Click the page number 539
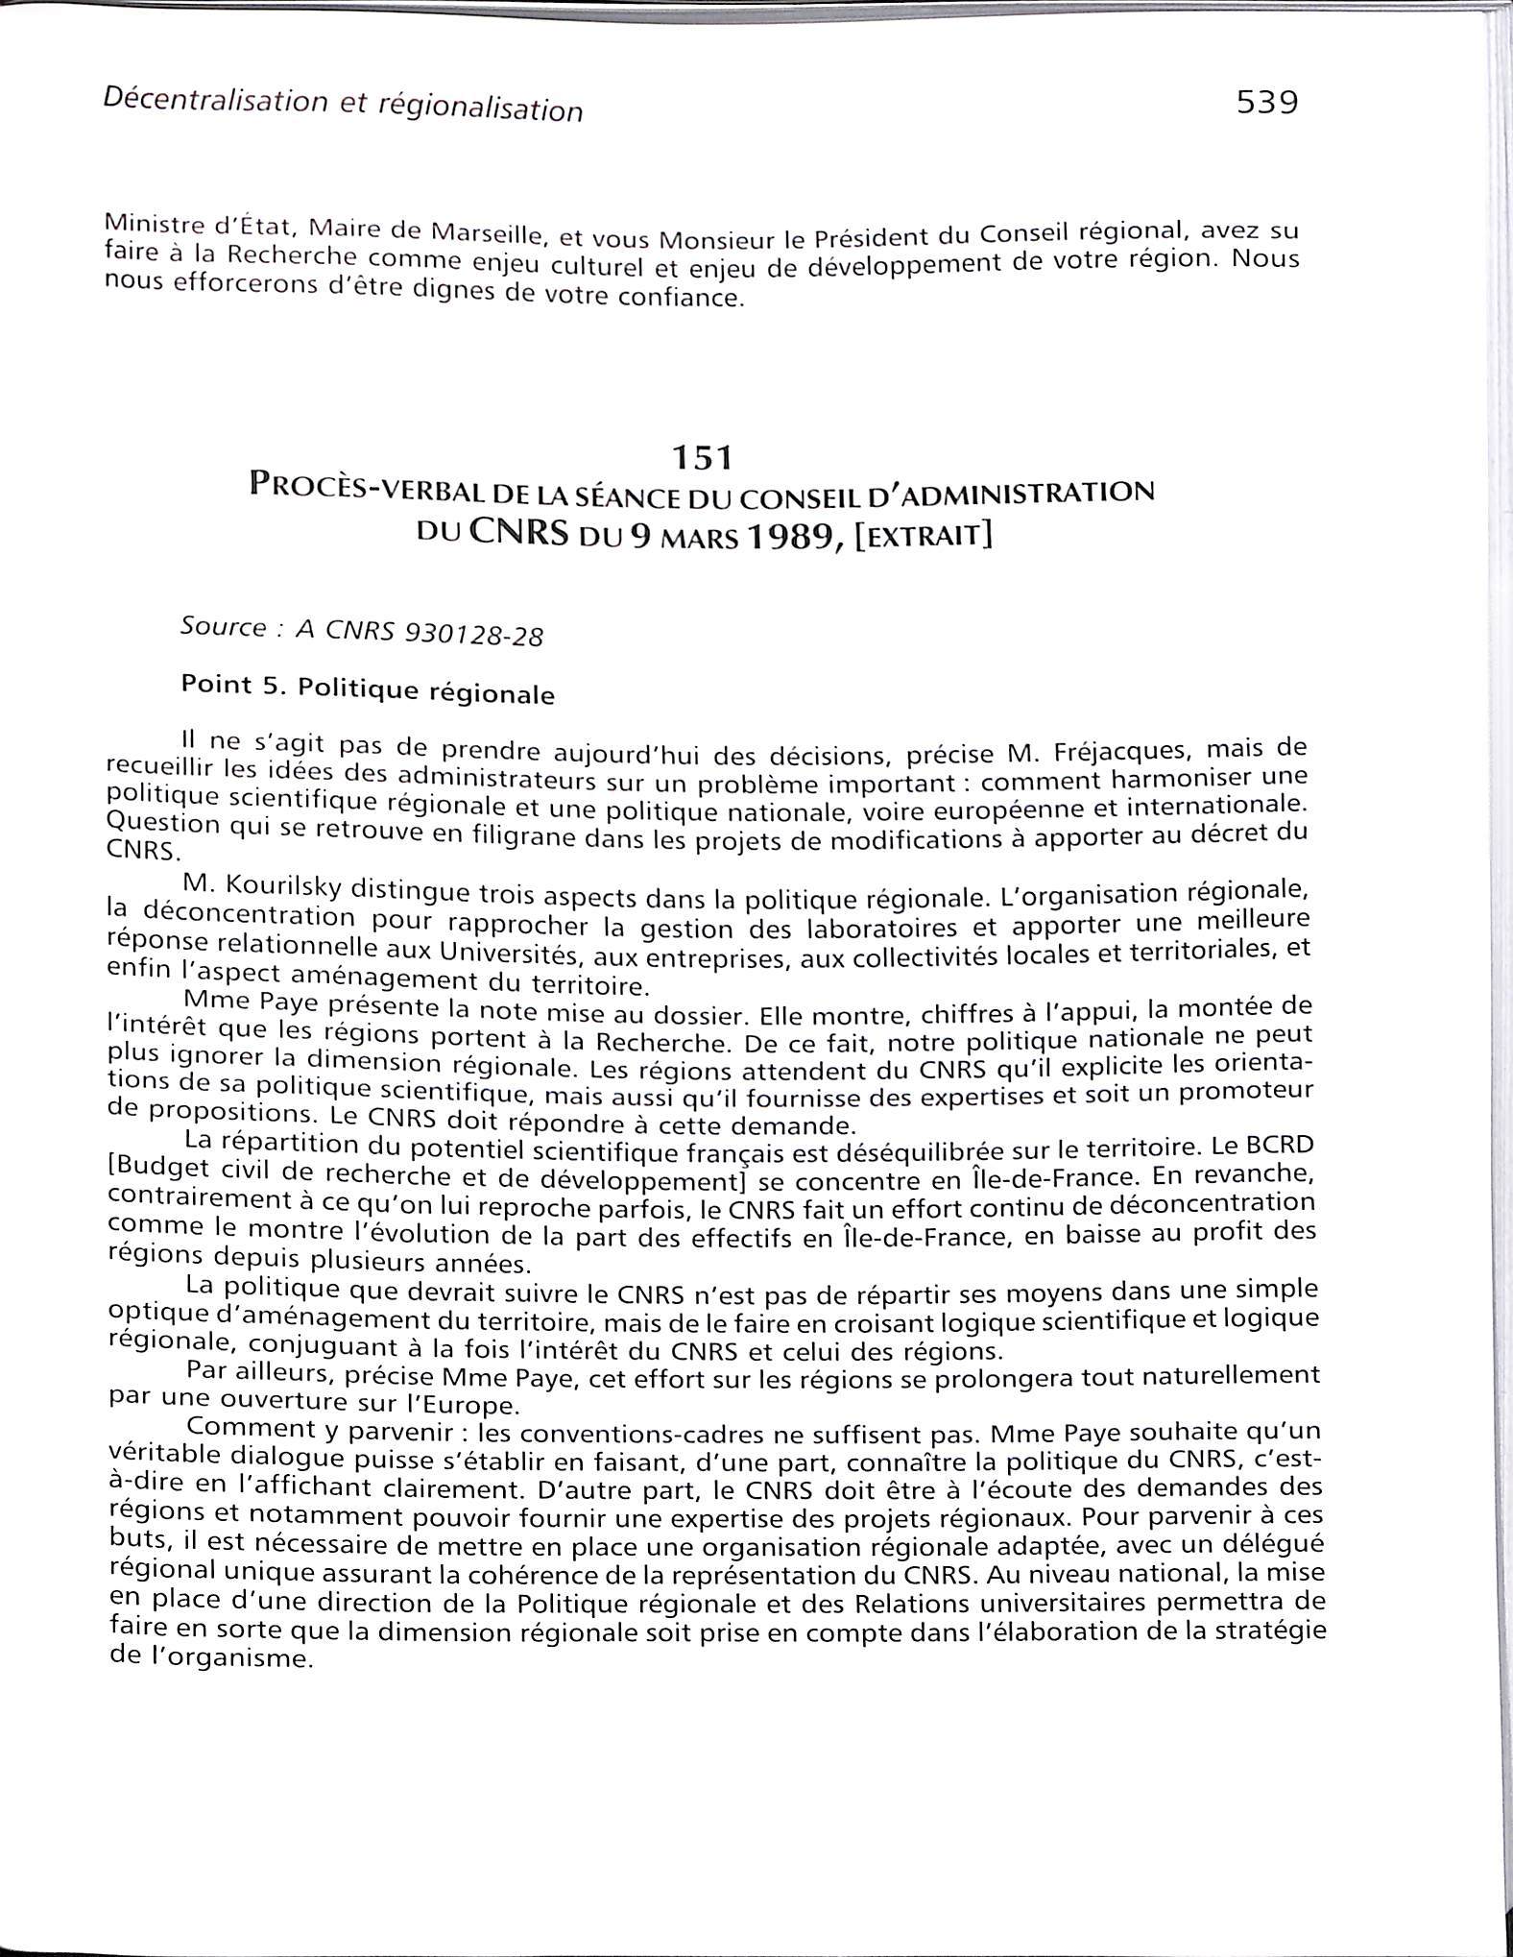[x=1266, y=102]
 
